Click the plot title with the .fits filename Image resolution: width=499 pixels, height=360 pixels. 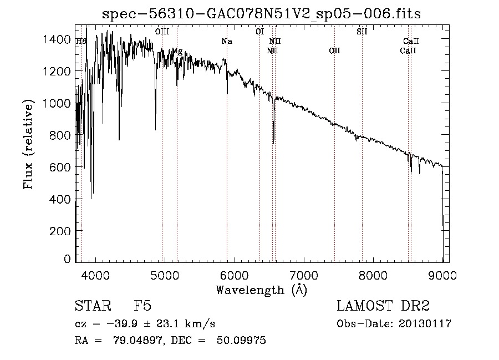pos(261,14)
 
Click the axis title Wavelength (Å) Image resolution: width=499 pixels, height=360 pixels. pos(261,290)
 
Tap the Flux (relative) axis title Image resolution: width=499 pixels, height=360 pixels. pos(28,143)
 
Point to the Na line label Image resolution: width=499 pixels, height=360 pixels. pos(227,41)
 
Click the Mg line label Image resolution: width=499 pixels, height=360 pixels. pos(177,51)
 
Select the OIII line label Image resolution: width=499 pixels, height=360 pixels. pos(162,32)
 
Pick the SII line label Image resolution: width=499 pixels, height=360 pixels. pos(362,32)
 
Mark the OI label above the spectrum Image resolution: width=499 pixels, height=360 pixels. pos(259,32)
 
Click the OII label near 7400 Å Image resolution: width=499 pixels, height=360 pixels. pos(334,50)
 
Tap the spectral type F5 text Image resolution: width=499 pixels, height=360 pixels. pos(142,307)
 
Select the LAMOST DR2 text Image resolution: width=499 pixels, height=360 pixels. pos(383,307)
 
